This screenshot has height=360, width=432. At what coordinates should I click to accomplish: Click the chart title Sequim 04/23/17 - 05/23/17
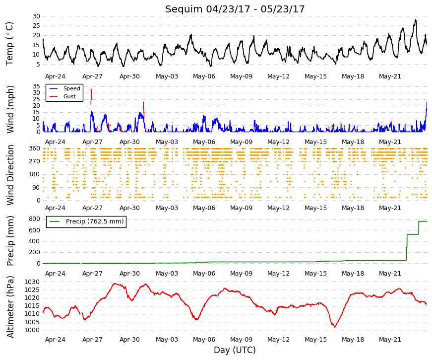pos(235,9)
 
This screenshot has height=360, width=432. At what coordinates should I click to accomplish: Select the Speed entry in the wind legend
pos(71,88)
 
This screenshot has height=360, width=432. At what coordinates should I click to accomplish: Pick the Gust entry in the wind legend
pos(69,96)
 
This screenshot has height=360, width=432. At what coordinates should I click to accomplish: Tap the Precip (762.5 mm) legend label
pos(95,221)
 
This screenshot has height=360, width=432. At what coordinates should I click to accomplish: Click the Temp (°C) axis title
pos(9,44)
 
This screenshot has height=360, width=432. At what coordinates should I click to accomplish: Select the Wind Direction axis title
pos(10,175)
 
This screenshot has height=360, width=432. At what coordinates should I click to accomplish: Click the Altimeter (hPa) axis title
pos(10,307)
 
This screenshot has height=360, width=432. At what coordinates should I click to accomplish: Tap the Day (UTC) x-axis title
pos(235,350)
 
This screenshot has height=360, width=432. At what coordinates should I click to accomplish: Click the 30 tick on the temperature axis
pos(36,16)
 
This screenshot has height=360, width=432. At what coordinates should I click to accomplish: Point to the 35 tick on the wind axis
pos(36,86)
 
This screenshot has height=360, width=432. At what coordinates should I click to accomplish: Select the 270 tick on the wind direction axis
pos(34,161)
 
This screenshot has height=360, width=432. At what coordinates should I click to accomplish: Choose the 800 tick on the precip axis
pos(34,219)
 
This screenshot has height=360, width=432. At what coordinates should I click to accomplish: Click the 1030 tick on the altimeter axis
pos(32,282)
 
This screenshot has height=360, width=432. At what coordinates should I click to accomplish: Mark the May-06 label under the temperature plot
pos(204,76)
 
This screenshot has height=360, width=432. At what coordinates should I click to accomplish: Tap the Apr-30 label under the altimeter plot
pos(129,340)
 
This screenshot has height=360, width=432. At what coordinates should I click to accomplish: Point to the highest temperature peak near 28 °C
pos(416,20)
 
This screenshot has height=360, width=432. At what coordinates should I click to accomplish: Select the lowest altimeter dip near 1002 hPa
pos(335,327)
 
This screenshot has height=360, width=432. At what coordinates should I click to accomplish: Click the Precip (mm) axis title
pos(10,241)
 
